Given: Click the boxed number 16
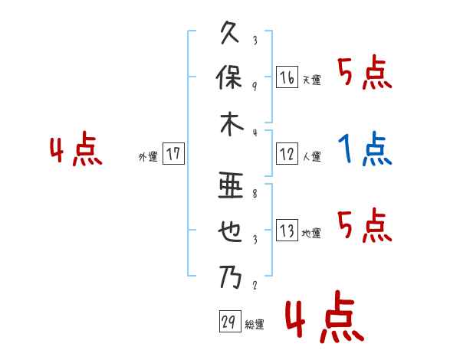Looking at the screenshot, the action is pyautogui.click(x=287, y=77).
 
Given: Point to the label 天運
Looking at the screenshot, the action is pyautogui.click(x=311, y=80).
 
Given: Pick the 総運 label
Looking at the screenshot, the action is pyautogui.click(x=255, y=324).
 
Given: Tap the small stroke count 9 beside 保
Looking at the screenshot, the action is pyautogui.click(x=254, y=85).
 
